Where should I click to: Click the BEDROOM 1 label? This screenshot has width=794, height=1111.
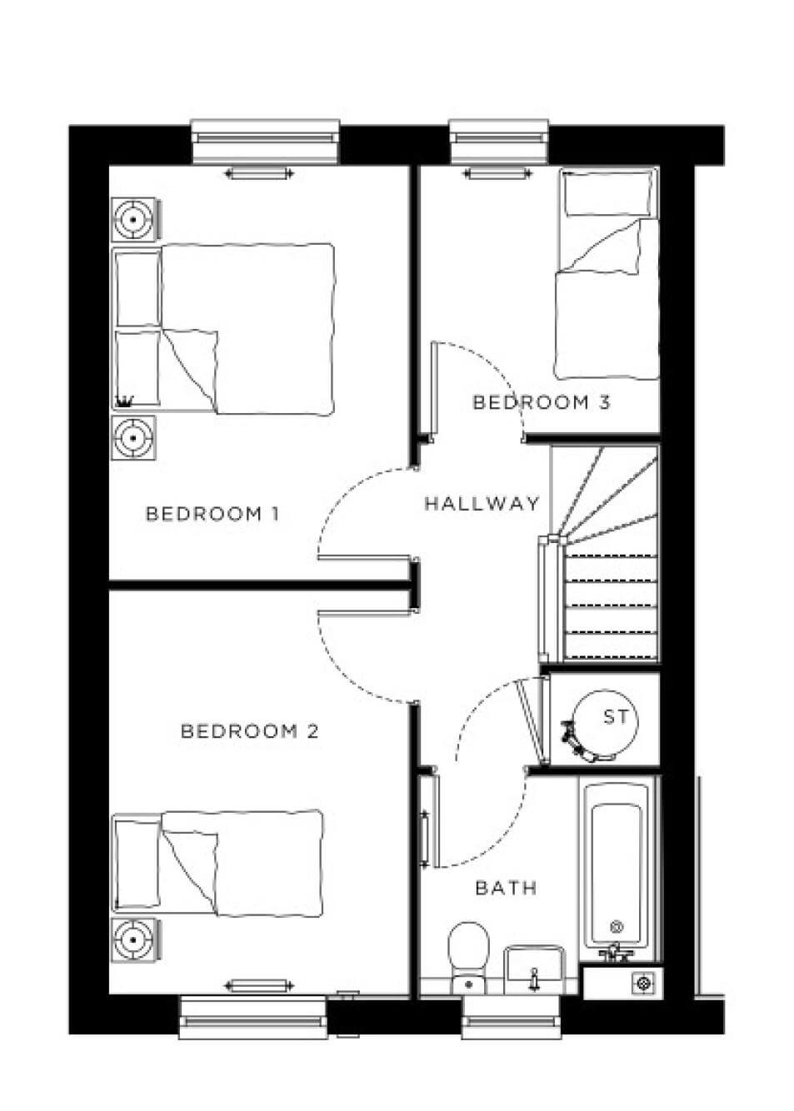coord(212,513)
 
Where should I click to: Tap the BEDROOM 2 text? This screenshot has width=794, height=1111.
coord(249,731)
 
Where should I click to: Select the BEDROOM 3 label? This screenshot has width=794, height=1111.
coord(541,402)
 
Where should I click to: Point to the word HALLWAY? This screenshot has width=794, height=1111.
coord(482,503)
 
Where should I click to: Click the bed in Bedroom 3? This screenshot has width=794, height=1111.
coord(607,274)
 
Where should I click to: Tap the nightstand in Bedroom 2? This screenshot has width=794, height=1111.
coord(133,940)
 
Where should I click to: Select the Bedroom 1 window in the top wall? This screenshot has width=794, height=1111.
coord(265,142)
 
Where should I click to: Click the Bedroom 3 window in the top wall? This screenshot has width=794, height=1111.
coord(499,142)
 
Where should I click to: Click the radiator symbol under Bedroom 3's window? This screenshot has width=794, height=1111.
coord(497,173)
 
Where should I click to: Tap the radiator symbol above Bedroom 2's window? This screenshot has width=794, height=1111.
coord(259,985)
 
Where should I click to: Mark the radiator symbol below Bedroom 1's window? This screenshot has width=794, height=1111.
coord(259,173)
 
